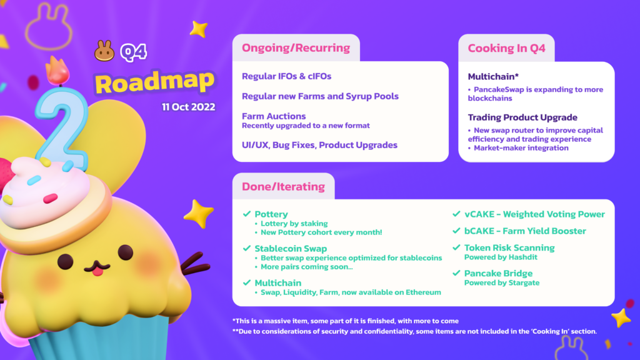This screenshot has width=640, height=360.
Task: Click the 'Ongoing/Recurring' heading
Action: point(296,47)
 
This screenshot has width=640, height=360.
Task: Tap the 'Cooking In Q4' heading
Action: point(506,48)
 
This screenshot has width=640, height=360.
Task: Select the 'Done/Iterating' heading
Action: point(283,186)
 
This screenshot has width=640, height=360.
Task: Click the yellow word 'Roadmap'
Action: point(155,82)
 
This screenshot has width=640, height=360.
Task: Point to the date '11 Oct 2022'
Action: point(189,107)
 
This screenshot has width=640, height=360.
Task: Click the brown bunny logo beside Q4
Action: point(104,51)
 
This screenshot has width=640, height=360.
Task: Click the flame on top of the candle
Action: point(57,70)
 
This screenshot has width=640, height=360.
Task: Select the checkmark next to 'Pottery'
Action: point(246,214)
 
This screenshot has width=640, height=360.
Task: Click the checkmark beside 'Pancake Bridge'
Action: point(456,273)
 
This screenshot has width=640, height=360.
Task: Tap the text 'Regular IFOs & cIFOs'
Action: point(286,76)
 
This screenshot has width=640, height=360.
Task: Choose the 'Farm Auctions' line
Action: point(274,116)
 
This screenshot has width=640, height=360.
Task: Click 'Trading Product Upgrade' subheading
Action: point(522,117)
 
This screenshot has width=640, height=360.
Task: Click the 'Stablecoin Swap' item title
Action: point(291,249)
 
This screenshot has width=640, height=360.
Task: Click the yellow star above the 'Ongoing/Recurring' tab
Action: point(199,29)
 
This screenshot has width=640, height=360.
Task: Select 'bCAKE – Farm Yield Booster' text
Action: point(525,231)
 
